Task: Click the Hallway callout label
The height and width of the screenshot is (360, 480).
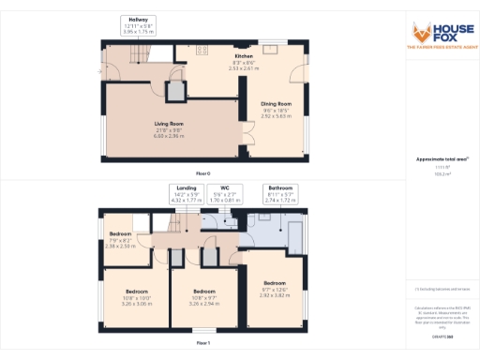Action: tap(139, 26)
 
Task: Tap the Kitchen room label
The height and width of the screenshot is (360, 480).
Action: tap(244, 62)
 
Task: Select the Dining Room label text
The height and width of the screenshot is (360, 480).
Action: tap(277, 109)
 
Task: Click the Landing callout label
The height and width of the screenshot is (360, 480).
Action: tap(187, 193)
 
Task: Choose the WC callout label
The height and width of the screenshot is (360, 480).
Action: tap(225, 193)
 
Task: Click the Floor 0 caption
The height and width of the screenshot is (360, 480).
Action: tap(203, 174)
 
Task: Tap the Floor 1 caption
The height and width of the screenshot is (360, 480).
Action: tap(203, 344)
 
